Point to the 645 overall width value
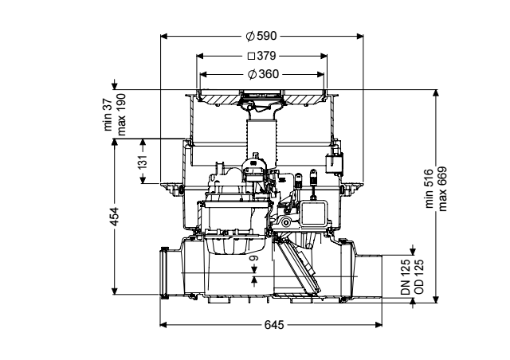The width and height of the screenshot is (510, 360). point(274,324)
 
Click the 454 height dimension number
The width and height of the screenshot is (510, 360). point(115,217)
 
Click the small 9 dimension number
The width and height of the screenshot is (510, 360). point(254,259)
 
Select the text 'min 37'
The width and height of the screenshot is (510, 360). point(108,115)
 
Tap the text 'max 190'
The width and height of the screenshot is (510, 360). point(121,115)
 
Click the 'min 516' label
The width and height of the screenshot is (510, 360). point(430,189)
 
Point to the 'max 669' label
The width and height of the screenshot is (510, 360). point(442,189)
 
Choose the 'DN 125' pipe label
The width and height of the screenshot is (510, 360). point(406,277)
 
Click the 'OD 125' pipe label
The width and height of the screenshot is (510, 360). point(419,277)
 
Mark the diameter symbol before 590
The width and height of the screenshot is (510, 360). point(250,36)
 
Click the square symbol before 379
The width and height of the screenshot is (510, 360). point(251,57)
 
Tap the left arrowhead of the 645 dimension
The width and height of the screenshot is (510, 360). point(163,324)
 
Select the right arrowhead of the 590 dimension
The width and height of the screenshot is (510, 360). point(359,36)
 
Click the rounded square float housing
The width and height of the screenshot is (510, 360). point(313,213)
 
